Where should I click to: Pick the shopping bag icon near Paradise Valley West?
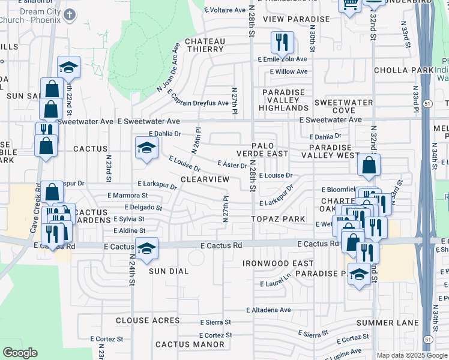(368, 165)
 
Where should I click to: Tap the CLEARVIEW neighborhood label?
(205, 179)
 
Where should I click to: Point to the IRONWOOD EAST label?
(278, 263)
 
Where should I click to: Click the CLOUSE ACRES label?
(144, 321)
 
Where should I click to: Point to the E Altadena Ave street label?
(268, 310)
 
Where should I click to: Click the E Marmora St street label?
(128, 196)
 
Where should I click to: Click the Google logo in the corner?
(20, 353)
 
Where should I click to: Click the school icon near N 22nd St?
(69, 67)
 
